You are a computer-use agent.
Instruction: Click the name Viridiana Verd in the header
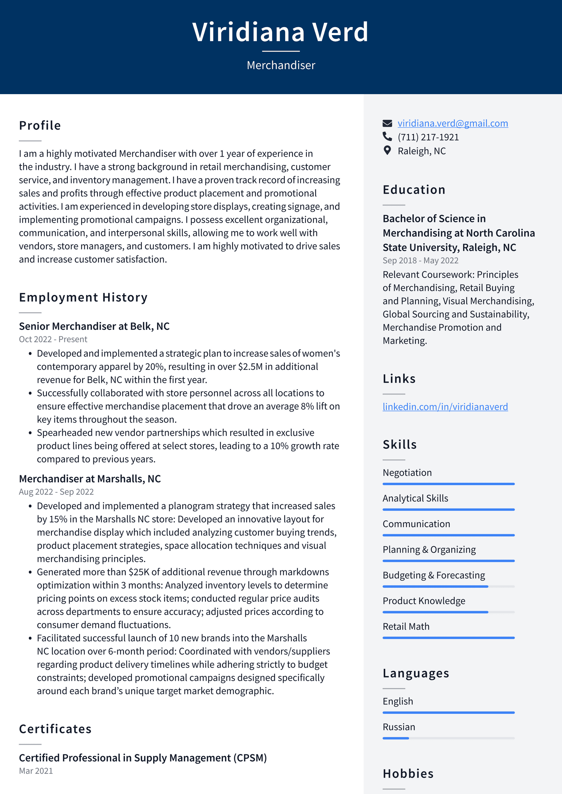pyautogui.click(x=280, y=32)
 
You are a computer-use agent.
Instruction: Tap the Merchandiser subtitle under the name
pyautogui.click(x=281, y=65)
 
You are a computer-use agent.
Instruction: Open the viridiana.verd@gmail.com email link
pyautogui.click(x=452, y=123)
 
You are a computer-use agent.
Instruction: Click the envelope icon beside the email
pyautogui.click(x=387, y=123)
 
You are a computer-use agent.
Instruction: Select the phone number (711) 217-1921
pyautogui.click(x=428, y=137)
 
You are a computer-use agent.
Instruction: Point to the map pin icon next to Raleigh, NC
pyautogui.click(x=387, y=151)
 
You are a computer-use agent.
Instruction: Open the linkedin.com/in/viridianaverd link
pyautogui.click(x=445, y=407)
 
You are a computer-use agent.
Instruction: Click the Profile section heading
pyautogui.click(x=40, y=126)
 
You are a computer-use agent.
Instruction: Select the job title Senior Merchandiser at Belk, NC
pyautogui.click(x=94, y=326)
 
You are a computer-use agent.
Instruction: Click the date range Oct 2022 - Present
pyautogui.click(x=53, y=339)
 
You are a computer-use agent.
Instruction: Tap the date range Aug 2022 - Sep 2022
pyautogui.click(x=56, y=492)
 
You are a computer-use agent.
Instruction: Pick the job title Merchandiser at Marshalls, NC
pyautogui.click(x=90, y=479)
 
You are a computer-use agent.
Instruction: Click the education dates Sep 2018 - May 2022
pyautogui.click(x=420, y=261)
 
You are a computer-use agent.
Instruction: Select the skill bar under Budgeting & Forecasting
pyautogui.click(x=448, y=586)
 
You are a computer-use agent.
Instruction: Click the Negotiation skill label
pyautogui.click(x=407, y=473)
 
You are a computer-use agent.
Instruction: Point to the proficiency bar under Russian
pyautogui.click(x=448, y=738)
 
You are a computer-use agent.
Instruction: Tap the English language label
pyautogui.click(x=398, y=701)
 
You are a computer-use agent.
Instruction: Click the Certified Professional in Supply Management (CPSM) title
pyautogui.click(x=143, y=758)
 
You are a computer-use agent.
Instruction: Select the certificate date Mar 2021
pyautogui.click(x=36, y=771)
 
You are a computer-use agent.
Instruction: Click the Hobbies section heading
pyautogui.click(x=408, y=774)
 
